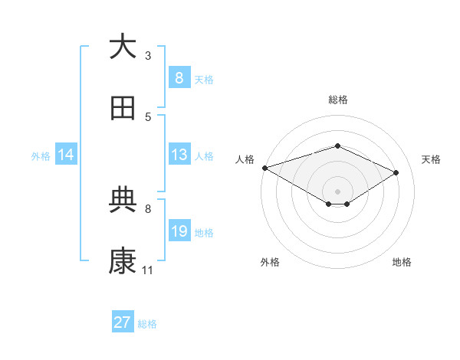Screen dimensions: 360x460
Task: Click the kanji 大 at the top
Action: (123, 47)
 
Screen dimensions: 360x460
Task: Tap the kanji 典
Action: (123, 200)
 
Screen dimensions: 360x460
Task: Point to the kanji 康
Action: (123, 262)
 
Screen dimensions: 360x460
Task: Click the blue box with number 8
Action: (179, 77)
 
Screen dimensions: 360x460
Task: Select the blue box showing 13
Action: (179, 155)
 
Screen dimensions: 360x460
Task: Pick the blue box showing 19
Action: (179, 231)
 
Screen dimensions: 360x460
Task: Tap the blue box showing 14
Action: (66, 155)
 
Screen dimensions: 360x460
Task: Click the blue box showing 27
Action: (123, 322)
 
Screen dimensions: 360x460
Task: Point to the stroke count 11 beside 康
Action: (148, 270)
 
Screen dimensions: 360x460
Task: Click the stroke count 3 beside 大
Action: (148, 55)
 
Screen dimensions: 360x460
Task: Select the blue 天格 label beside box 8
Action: (204, 79)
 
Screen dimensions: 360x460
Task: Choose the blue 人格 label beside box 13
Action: (204, 155)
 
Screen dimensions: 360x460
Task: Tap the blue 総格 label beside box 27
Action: (147, 324)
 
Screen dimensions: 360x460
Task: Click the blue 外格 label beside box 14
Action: (41, 155)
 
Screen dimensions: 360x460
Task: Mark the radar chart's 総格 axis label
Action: (337, 100)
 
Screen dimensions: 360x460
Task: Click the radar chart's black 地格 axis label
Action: (402, 262)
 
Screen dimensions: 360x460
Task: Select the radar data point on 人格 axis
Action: (264, 168)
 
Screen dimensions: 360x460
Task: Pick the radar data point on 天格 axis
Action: (396, 172)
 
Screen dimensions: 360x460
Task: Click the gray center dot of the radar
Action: (337, 191)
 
